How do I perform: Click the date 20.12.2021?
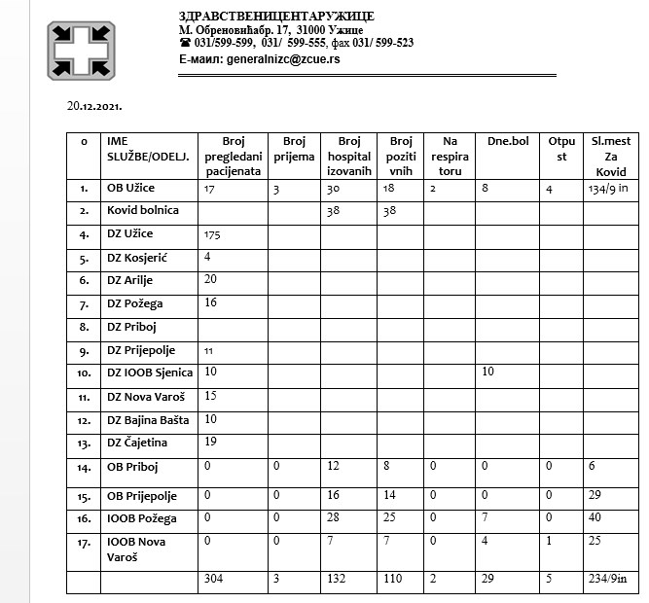click(x=94, y=105)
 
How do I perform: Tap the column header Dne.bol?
click(x=506, y=142)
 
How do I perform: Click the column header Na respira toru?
click(x=449, y=155)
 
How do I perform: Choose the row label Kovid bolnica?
click(x=143, y=210)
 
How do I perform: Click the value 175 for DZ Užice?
click(x=213, y=234)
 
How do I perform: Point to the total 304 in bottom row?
click(x=213, y=580)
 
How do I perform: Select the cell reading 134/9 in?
click(x=609, y=189)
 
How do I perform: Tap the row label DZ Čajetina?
click(x=137, y=443)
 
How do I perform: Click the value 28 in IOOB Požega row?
click(x=334, y=517)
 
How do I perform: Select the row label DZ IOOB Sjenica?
click(x=150, y=372)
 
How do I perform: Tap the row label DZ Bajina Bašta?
click(x=148, y=419)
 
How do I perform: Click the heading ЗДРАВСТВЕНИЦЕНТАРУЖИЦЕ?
click(x=276, y=17)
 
